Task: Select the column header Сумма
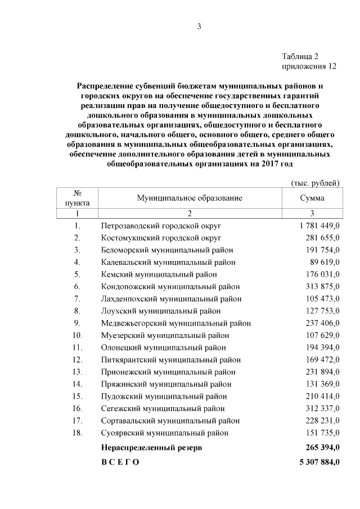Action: [312, 198]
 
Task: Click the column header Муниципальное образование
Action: [190, 198]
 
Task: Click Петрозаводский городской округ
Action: [161, 226]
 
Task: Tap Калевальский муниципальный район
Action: [168, 262]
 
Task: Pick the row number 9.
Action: [77, 323]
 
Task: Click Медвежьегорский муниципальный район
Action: [176, 323]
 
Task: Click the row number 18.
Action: [77, 433]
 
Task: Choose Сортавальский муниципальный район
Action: [170, 421]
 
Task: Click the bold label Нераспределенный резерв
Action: [151, 448]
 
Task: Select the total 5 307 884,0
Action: [316, 462]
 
